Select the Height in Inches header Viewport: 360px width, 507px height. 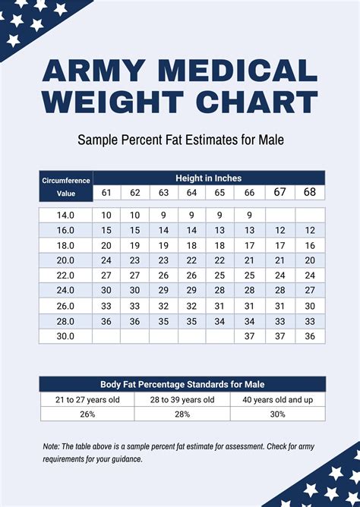point(208,178)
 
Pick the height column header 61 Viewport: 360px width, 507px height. point(106,194)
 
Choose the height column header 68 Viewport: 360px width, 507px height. point(310,193)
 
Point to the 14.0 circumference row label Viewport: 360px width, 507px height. point(65,216)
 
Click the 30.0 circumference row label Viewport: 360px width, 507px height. point(65,336)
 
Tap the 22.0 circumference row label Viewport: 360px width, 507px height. point(65,276)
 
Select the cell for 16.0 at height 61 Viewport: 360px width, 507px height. point(106,230)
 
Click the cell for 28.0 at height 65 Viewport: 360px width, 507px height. point(219,321)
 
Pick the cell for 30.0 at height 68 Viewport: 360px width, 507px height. point(310,336)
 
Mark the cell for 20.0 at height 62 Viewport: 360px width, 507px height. point(134,260)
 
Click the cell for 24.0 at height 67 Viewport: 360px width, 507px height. point(280,291)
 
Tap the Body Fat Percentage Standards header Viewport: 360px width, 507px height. point(182,384)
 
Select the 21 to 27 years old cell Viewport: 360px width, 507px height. point(87,400)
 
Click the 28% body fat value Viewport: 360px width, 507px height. point(182,414)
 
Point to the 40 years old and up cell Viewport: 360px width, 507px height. point(278,400)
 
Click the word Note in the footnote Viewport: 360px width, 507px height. point(51,447)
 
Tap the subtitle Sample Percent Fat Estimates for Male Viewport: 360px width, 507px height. point(180,140)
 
